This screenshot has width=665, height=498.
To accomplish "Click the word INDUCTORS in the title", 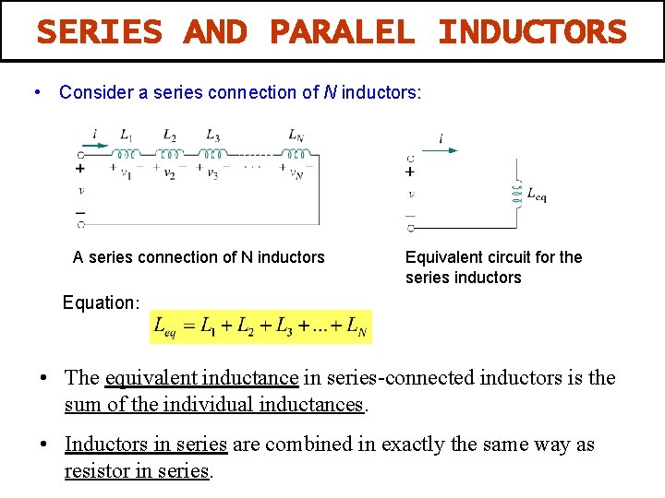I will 532,33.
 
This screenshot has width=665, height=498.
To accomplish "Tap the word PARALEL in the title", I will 342,33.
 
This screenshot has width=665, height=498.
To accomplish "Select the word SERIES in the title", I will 99,33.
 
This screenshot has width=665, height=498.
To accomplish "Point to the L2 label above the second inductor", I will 170,136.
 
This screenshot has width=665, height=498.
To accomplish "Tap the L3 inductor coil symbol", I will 213,154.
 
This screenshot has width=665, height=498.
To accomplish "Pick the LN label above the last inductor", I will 296,136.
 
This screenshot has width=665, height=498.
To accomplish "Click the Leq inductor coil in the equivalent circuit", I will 515,193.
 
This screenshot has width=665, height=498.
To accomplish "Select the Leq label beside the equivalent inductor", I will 537,194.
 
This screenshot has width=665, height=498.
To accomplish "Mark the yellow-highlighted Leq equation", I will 260,326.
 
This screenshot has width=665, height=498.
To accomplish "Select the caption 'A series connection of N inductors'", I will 199,257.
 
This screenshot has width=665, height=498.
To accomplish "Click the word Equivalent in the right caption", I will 442,257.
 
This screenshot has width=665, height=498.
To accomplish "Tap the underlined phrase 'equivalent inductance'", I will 202,377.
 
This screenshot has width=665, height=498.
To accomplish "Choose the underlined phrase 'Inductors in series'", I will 145,445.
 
